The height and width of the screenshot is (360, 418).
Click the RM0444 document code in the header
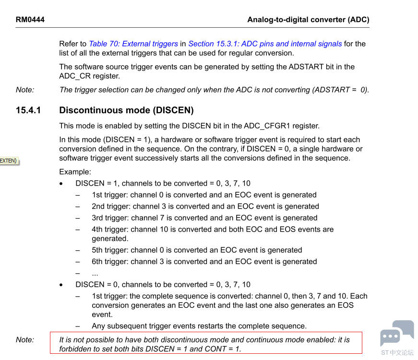click(30, 20)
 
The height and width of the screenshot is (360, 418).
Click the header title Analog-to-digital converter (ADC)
click(308, 20)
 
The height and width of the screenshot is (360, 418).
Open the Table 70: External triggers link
click(133, 44)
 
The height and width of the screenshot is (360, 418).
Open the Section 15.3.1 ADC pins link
click(265, 44)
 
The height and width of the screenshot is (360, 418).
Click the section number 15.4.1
click(28, 110)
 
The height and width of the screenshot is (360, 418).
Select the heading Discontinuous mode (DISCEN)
click(126, 110)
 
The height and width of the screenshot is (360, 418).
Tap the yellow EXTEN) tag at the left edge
click(9, 161)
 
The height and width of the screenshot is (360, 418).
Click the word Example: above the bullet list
click(75, 172)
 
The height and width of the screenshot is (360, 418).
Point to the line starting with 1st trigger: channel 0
click(204, 195)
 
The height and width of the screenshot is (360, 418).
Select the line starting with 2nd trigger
click(205, 207)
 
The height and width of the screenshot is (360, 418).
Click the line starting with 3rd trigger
click(204, 218)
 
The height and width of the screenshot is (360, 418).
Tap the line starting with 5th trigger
click(197, 250)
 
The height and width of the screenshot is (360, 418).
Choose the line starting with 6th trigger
click(204, 262)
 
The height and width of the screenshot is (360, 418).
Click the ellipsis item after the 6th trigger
click(95, 273)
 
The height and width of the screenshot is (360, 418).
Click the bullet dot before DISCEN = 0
click(61, 285)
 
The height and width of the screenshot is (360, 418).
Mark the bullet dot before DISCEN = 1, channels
click(61, 184)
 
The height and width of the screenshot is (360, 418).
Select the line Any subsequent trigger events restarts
click(199, 326)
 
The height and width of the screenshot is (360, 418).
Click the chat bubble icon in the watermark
click(397, 333)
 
